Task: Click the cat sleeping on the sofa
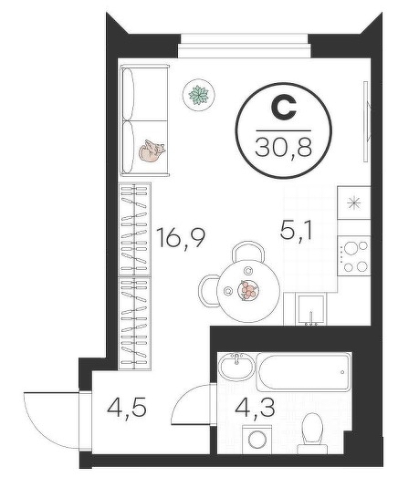(x=152, y=150)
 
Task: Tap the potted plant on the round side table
(x=199, y=95)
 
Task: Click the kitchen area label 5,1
(x=297, y=230)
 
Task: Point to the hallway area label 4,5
(x=127, y=408)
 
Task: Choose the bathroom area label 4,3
(x=255, y=408)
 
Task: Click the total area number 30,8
(x=283, y=148)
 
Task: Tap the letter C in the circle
(x=284, y=108)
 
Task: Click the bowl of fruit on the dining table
(x=248, y=290)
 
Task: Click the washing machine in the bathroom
(x=257, y=440)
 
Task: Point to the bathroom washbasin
(x=236, y=367)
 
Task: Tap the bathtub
(x=304, y=372)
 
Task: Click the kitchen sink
(x=311, y=309)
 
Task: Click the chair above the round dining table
(x=248, y=251)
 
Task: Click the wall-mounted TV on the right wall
(x=367, y=121)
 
